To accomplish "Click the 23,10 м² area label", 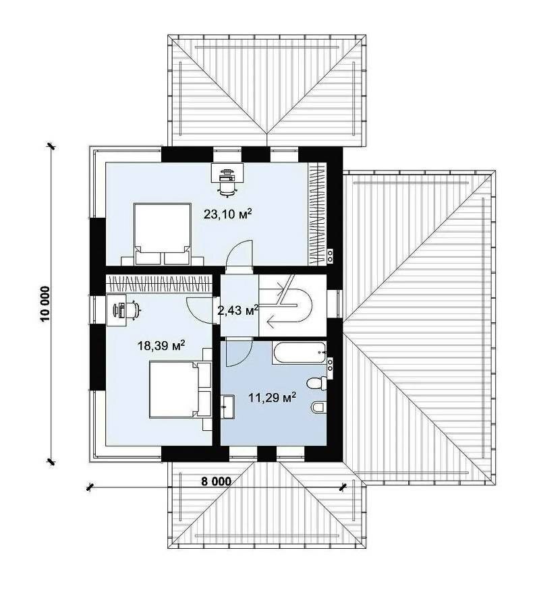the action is point(228,214).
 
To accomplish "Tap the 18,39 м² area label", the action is point(161,345).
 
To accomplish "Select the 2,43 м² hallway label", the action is point(238,310).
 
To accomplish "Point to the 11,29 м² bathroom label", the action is point(272,397).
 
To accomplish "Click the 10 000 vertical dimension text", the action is point(45,303).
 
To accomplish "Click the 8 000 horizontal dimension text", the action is point(216,481).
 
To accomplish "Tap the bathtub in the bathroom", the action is point(299,353).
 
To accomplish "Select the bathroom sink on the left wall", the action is point(229,407).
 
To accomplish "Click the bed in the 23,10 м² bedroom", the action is point(162,234).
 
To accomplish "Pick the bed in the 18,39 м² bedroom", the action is point(180,390).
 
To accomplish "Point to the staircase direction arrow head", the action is point(271,322).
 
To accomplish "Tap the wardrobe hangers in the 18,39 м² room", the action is point(159,284).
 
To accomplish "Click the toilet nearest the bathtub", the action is point(317,382).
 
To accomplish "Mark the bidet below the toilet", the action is point(318,408).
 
